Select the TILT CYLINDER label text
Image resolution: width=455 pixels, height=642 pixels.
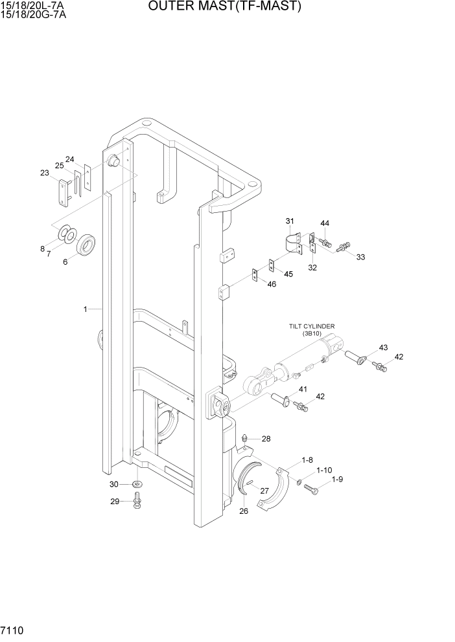316,327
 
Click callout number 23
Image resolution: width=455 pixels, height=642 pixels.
45,173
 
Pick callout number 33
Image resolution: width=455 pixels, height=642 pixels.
360,257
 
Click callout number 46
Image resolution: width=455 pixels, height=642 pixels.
271,285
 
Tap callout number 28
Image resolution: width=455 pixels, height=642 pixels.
266,439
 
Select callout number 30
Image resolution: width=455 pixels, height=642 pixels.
114,484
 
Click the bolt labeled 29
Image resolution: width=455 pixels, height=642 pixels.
137,500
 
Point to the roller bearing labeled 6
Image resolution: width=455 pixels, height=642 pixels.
86,245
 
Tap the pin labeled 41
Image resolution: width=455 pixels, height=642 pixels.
281,399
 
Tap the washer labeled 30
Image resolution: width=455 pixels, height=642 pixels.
137,484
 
